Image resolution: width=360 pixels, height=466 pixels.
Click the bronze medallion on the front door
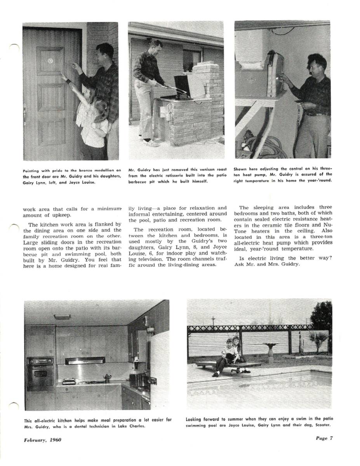point(50,61)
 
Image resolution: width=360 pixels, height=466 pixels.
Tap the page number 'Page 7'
point(323,439)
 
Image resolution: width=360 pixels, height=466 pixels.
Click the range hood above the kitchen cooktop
point(85,361)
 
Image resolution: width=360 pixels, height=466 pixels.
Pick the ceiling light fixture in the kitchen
point(62,317)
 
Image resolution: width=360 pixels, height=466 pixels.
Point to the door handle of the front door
point(25,114)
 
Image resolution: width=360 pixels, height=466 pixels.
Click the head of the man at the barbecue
point(155,45)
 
